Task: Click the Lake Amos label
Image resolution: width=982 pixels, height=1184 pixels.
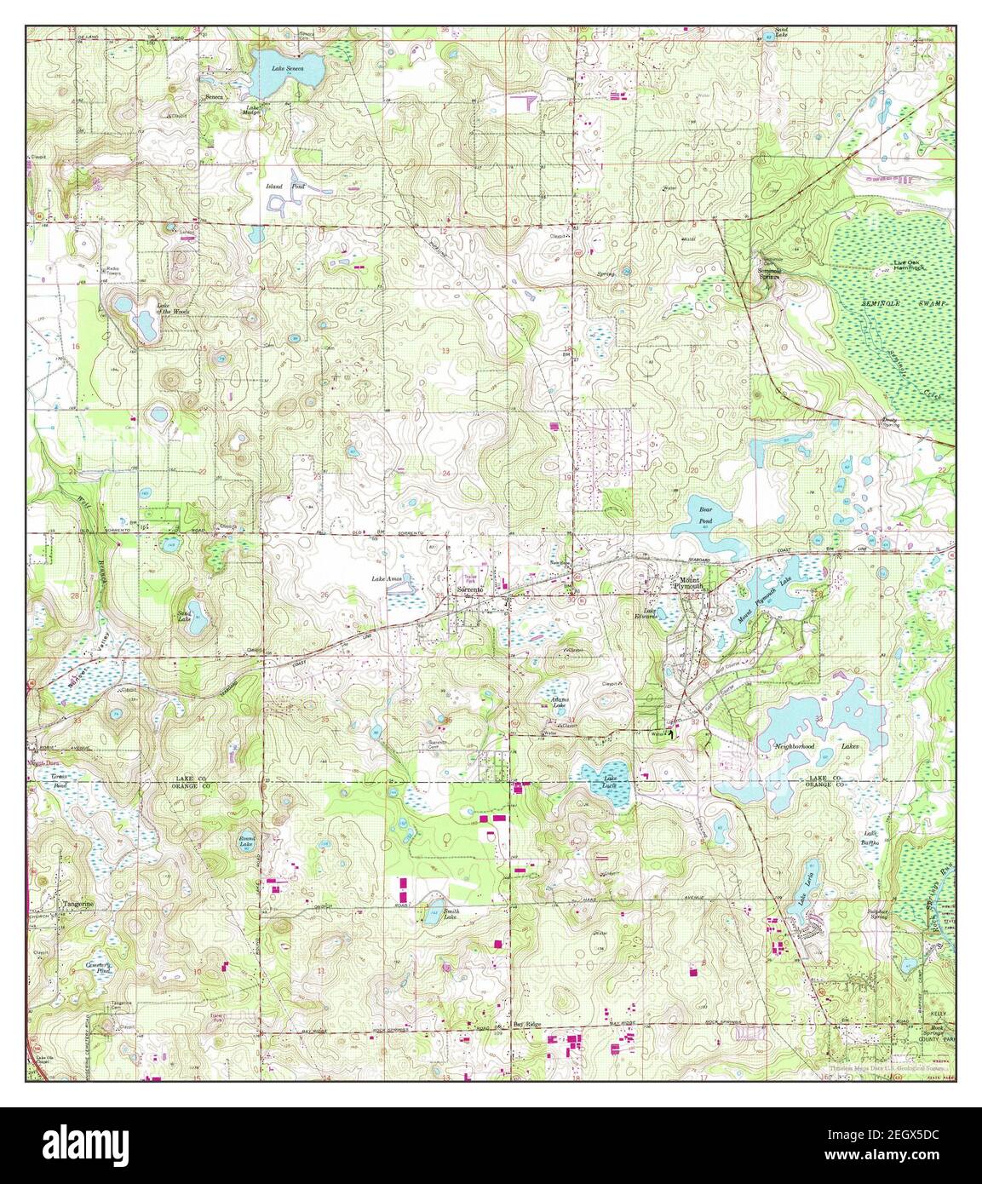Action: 382,579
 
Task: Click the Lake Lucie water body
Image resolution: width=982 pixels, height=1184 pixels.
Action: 606,784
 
